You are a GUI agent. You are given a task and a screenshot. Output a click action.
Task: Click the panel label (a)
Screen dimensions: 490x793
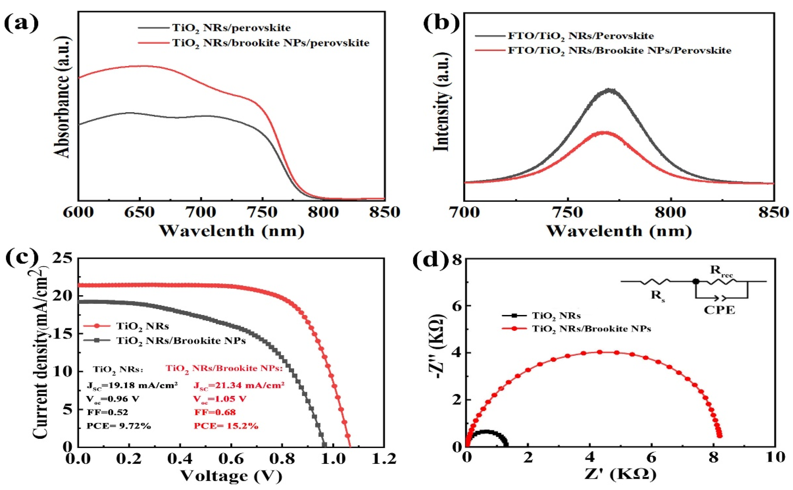click(21, 23)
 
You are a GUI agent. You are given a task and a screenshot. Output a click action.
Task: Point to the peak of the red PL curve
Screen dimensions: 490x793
click(604, 132)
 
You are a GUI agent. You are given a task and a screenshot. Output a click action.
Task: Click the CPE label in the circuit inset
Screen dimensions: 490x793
click(719, 310)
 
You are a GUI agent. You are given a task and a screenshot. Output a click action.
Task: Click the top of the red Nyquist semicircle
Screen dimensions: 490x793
click(599, 352)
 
